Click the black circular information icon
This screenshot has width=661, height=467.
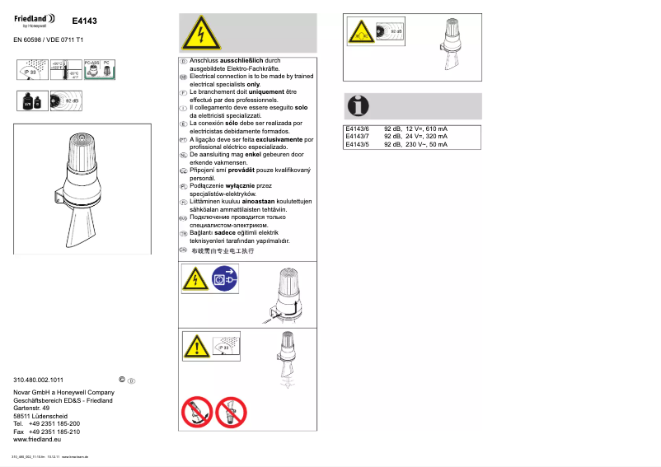(x=358, y=105)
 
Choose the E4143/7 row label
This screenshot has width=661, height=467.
(x=358, y=137)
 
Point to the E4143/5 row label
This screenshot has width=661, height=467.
(x=358, y=144)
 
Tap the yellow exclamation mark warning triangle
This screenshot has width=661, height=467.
(x=195, y=347)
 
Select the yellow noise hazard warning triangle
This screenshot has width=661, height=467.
(x=359, y=33)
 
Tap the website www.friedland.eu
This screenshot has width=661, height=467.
(x=38, y=440)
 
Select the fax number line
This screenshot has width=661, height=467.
(x=47, y=432)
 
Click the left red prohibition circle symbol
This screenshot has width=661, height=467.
(x=195, y=411)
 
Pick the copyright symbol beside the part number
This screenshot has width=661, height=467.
(x=122, y=380)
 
